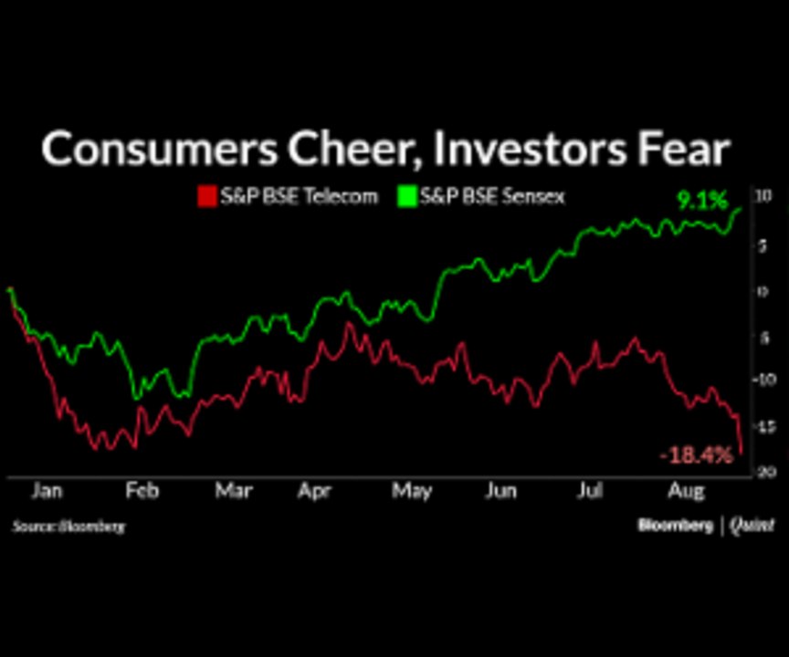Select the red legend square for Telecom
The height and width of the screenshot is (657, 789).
(206, 196)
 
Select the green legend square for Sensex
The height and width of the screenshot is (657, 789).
(405, 196)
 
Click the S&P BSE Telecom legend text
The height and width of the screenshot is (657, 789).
(298, 196)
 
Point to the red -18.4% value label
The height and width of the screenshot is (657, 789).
(696, 454)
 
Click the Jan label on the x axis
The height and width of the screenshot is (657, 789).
(47, 492)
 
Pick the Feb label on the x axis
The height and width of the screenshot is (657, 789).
(142, 492)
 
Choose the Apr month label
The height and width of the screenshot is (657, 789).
(315, 492)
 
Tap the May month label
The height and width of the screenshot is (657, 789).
(412, 492)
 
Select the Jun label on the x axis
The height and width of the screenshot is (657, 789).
(500, 492)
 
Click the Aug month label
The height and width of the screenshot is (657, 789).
(687, 492)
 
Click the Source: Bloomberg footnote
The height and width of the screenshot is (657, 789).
(68, 527)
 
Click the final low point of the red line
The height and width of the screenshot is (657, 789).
(742, 451)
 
